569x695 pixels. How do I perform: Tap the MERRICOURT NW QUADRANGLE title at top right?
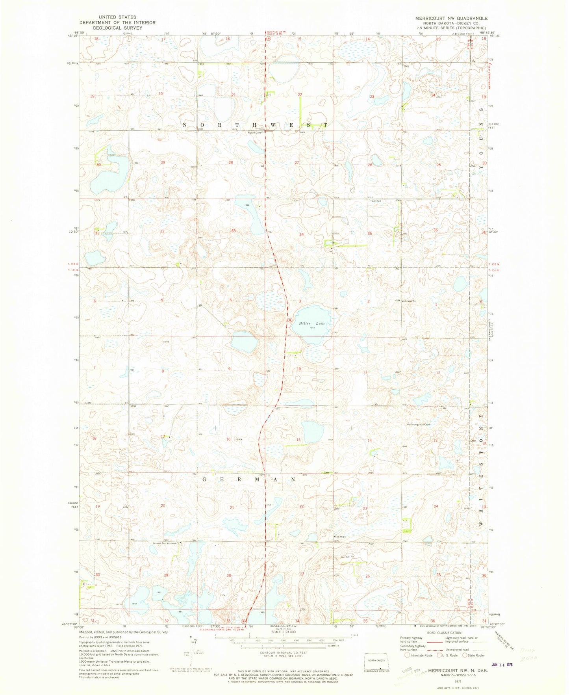[451, 19]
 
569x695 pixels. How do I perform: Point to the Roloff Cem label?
[254, 133]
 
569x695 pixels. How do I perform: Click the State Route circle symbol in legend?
[465, 655]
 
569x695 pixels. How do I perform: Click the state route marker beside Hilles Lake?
[290, 320]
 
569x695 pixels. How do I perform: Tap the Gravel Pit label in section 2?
[409, 301]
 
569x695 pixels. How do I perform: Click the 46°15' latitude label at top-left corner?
[74, 36]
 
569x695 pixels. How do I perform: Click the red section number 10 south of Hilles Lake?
[299, 369]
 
